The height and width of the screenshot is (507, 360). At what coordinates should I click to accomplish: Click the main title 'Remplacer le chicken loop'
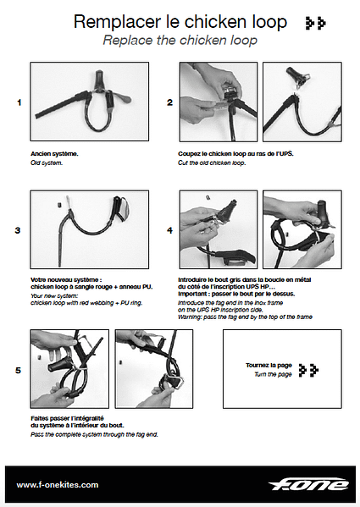pos(180,22)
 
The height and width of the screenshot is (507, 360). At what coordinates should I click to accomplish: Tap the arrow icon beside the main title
pos(316,23)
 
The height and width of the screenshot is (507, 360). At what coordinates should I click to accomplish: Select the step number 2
pos(170,102)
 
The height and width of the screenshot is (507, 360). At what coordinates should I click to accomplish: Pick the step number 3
pos(19,229)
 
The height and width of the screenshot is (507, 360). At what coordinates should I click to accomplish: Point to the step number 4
pos(170,229)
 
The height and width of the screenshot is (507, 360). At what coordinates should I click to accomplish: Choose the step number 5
pos(19,369)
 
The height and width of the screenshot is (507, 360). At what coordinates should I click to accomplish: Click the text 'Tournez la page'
pos(267,365)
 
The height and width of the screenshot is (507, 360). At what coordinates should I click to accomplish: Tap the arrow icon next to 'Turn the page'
pos(309,370)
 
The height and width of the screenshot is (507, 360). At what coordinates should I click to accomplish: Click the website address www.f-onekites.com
pos(58,485)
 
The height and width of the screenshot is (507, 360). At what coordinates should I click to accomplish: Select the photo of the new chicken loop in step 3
pos(89,229)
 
